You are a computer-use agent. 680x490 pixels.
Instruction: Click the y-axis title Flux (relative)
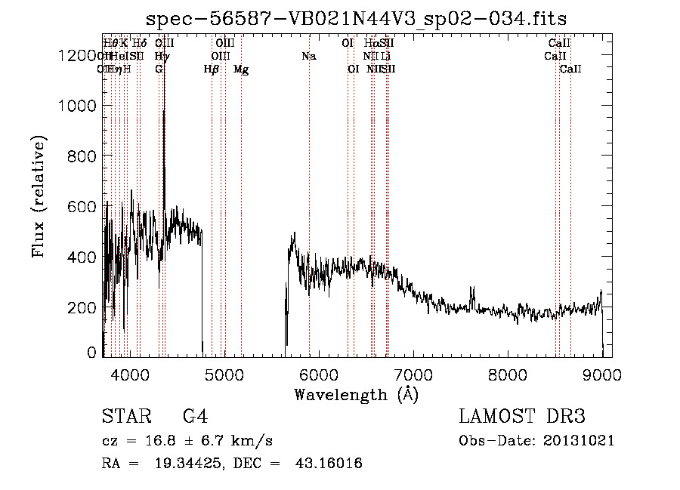39,196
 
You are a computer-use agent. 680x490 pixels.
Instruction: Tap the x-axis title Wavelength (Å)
356,393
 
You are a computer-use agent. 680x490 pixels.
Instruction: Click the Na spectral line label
308,56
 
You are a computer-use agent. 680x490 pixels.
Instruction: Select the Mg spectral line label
241,69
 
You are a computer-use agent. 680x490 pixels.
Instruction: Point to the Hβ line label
212,69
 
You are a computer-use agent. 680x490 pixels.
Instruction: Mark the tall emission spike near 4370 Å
164,113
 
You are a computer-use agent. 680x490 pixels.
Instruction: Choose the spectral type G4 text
195,417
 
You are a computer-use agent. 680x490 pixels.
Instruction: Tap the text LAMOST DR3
522,417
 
